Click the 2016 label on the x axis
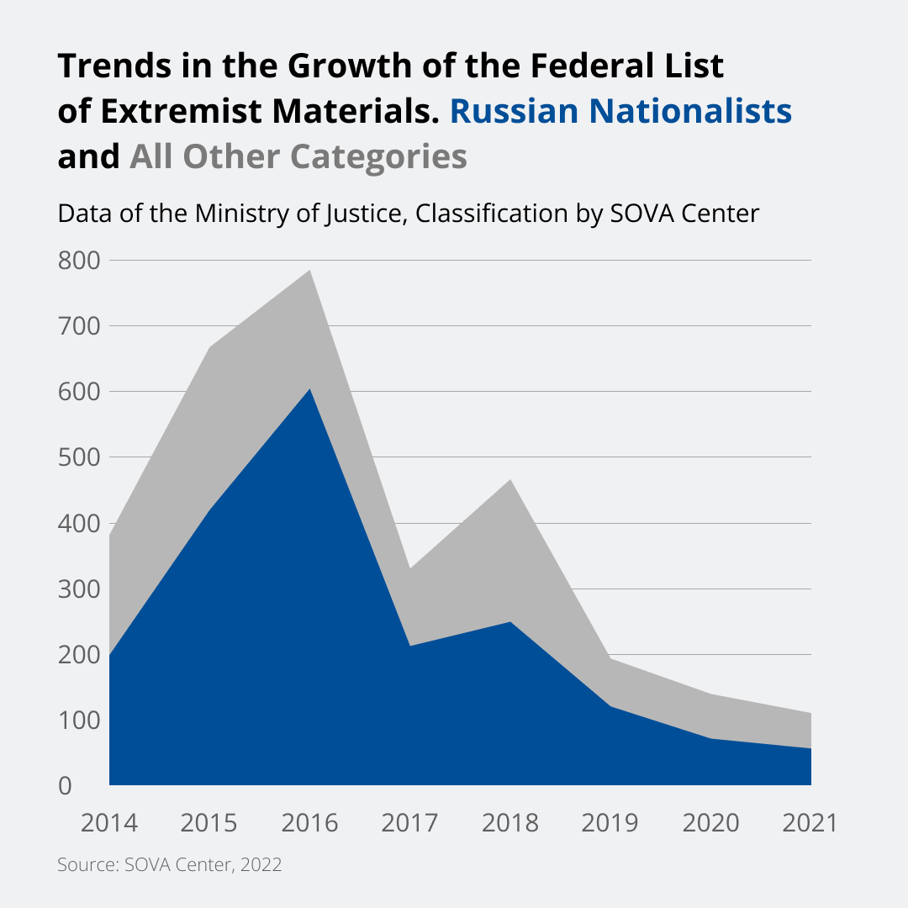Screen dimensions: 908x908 click(x=309, y=822)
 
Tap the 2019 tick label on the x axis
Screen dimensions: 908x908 click(x=610, y=822)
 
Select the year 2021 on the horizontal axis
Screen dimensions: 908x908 click(x=810, y=822)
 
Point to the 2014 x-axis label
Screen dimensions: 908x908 click(x=109, y=822)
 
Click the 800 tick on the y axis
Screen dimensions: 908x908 click(x=79, y=261)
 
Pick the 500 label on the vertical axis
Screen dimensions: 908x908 click(x=79, y=457)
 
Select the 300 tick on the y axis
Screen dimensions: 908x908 click(x=79, y=589)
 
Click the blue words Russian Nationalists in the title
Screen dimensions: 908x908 click(x=620, y=111)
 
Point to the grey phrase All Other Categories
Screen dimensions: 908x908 click(x=298, y=156)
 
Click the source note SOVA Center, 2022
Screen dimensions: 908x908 click(x=169, y=865)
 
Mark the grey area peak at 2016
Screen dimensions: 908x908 click(x=310, y=271)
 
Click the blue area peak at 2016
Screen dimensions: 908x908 click(x=310, y=389)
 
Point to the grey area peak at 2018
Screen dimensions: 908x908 click(x=510, y=480)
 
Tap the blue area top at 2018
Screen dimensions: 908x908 click(x=510, y=623)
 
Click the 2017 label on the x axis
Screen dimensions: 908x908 click(x=410, y=822)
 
